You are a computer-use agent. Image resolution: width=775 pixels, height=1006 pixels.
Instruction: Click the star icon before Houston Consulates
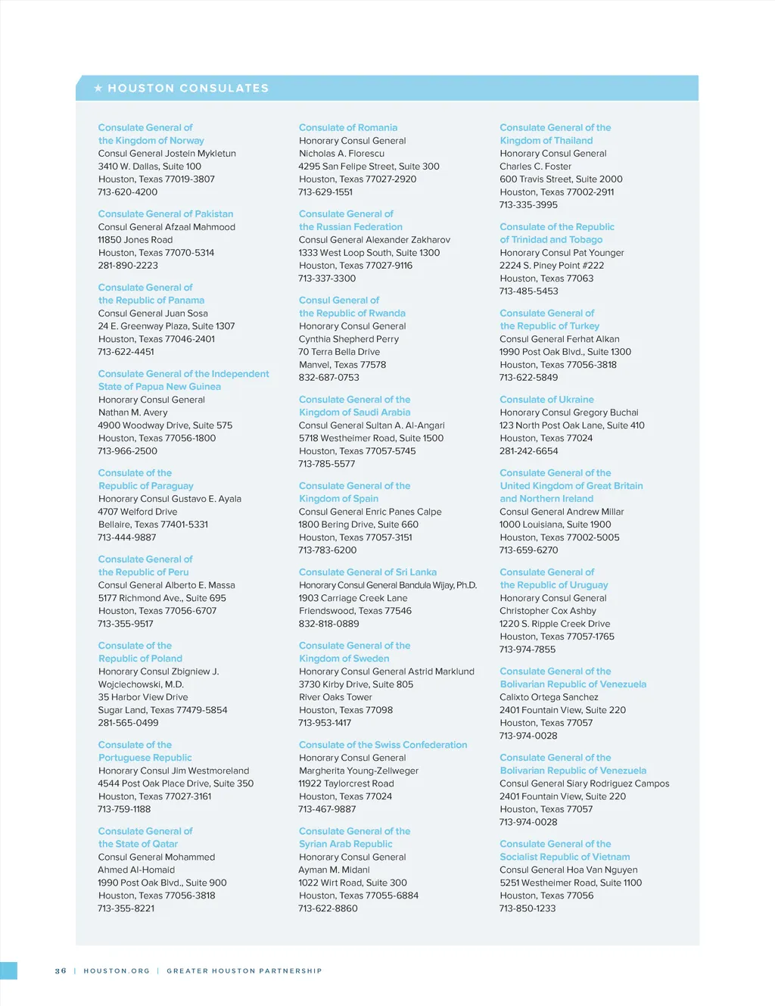98,89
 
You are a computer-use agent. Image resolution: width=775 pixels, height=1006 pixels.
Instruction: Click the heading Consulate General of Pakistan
166,214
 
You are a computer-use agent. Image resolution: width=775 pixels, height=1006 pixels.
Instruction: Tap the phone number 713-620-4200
128,192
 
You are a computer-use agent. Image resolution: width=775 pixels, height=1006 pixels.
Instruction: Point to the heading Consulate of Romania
348,128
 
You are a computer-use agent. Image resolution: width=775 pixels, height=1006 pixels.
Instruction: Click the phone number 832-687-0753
329,378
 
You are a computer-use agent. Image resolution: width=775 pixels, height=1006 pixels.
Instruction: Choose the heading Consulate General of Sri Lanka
368,572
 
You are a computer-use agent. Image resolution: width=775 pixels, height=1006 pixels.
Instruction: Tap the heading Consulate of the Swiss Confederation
383,745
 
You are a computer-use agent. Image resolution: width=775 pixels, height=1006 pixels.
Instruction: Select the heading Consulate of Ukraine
546,400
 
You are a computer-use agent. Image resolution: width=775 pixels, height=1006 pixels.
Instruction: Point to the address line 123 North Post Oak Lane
572,425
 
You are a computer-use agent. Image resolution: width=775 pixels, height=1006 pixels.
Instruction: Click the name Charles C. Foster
536,167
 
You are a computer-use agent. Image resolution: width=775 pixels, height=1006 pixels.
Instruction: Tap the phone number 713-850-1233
528,908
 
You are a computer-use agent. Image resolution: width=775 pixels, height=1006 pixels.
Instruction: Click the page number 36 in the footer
61,971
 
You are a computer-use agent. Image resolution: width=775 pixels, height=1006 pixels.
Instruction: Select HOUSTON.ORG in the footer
117,971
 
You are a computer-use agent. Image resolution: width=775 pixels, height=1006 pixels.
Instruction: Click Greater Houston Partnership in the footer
244,971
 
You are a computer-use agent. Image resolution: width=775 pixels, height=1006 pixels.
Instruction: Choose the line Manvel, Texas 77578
342,365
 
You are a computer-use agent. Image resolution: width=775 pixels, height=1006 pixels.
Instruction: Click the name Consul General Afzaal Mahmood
167,227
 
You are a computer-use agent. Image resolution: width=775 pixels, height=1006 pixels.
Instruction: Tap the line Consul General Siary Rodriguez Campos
584,783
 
